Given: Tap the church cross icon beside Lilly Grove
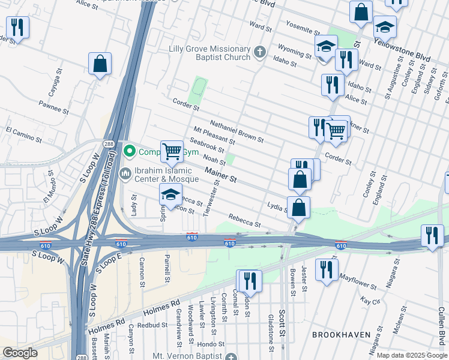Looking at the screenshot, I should click(259, 52).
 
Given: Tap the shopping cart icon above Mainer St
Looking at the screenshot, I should click(172, 151).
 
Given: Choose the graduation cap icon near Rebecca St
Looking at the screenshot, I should click(170, 194).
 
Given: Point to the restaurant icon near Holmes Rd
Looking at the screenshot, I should click(250, 280).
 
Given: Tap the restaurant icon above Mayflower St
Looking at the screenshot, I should click(327, 269).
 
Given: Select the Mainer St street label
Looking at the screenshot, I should click(221, 176).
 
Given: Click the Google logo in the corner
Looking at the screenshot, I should click(20, 353).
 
